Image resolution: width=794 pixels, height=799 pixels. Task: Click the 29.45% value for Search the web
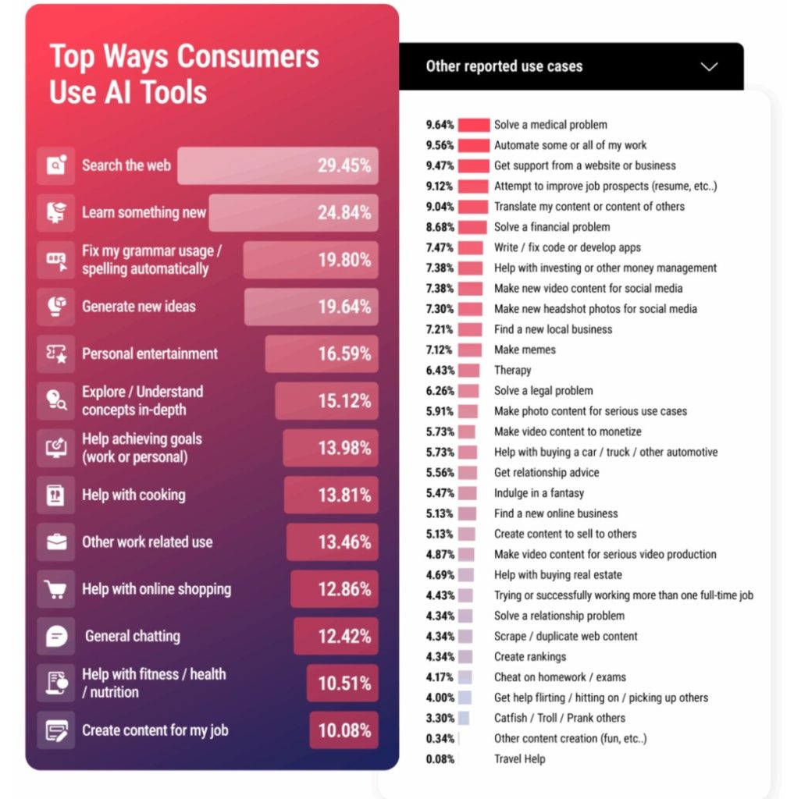344,165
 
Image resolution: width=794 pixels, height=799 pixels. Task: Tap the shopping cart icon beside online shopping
56,589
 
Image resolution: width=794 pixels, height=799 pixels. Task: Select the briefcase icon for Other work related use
56,542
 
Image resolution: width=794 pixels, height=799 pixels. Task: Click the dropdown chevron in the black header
709,66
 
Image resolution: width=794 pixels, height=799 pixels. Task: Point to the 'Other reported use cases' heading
504,66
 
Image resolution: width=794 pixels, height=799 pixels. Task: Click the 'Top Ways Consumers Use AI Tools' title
184,74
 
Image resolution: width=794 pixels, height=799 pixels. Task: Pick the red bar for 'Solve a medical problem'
473,125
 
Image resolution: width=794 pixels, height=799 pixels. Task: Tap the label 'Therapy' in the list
512,370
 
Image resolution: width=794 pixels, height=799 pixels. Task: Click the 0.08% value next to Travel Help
441,758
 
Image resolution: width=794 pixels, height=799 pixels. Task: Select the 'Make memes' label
525,350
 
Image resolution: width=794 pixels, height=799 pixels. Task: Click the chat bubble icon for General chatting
56,636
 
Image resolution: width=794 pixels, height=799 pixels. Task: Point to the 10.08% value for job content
344,731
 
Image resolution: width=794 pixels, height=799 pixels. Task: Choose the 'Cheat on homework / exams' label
560,677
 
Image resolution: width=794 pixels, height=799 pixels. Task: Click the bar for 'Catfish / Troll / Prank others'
464,718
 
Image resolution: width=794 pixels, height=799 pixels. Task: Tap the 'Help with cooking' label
134,495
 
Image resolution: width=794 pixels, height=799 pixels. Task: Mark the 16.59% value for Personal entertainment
344,353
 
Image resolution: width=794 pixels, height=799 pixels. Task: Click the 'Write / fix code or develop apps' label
567,247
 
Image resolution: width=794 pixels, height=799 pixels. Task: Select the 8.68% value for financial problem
441,227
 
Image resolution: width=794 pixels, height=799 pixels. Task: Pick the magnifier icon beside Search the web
56,165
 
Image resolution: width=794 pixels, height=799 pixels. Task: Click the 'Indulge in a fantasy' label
539,493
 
